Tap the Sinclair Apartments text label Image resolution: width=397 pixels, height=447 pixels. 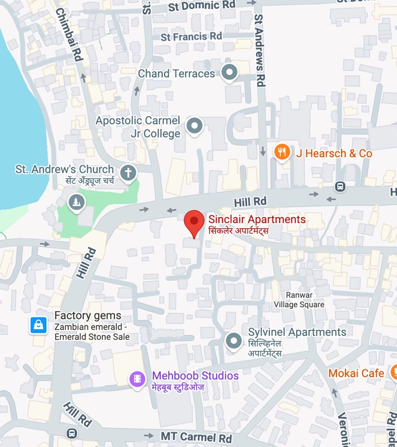[257, 220]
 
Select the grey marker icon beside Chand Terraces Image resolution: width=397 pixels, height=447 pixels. [229, 73]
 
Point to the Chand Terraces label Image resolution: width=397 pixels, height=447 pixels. [176, 74]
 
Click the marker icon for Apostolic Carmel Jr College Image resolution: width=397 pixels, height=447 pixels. [194, 126]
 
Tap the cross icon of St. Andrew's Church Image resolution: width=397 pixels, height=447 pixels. [129, 173]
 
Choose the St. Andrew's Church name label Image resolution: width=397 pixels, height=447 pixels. [65, 169]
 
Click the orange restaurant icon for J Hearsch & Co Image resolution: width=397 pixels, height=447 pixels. [282, 152]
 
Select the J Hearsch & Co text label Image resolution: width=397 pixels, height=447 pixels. [334, 153]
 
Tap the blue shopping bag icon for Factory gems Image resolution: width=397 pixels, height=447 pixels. [38, 325]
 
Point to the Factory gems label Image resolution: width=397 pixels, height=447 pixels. [87, 316]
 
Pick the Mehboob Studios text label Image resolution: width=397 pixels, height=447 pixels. [195, 376]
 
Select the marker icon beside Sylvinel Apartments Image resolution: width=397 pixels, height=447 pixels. [233, 341]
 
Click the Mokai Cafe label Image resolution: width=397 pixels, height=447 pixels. [356, 373]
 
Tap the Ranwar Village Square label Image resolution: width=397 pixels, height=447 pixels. [299, 299]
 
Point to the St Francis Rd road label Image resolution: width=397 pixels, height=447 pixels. [191, 37]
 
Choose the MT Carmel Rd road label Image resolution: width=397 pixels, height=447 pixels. [196, 437]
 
